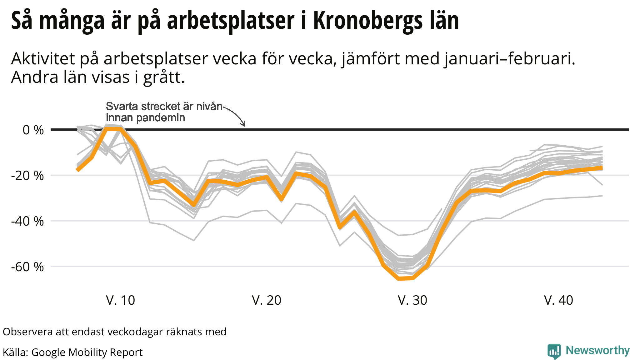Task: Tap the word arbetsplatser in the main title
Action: (231, 21)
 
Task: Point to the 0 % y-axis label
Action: (33, 130)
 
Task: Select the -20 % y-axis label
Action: (27, 176)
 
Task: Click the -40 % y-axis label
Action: (27, 221)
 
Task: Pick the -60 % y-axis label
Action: (27, 267)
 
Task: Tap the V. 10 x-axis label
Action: (121, 300)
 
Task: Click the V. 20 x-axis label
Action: (267, 300)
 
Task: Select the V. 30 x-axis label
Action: (412, 300)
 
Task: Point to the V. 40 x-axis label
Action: (558, 300)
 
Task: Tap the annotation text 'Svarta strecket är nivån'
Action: (164, 107)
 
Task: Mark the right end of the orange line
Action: (602, 168)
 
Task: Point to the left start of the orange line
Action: (78, 170)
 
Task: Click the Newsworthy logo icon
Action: (554, 352)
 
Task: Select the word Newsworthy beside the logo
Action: (597, 351)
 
